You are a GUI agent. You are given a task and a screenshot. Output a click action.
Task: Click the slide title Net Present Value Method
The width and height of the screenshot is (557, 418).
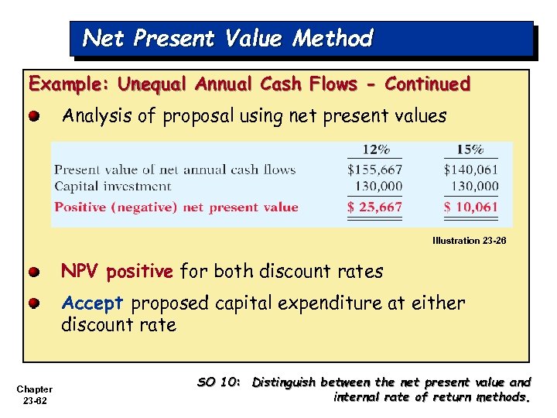(x=227, y=38)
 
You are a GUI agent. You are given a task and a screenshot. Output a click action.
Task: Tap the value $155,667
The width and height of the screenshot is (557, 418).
(x=374, y=170)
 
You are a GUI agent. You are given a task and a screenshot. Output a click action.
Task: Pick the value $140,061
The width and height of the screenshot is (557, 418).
(x=470, y=170)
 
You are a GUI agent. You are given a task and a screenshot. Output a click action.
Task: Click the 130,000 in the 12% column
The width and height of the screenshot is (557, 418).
(x=379, y=187)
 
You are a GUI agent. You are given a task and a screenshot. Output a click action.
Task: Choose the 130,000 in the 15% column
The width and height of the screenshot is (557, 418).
(x=475, y=187)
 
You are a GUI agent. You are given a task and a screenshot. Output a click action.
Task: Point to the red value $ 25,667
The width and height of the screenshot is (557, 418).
(x=374, y=207)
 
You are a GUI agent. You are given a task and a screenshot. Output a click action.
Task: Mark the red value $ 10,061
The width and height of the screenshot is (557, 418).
(x=470, y=207)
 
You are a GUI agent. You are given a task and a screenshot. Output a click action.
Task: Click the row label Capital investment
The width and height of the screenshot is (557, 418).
(x=112, y=187)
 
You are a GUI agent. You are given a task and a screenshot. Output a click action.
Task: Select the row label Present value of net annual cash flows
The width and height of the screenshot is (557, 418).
(x=175, y=170)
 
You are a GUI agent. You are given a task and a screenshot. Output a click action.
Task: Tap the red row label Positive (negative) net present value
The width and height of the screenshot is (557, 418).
(x=176, y=207)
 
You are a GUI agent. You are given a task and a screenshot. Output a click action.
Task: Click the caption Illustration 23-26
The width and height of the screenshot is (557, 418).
(x=469, y=241)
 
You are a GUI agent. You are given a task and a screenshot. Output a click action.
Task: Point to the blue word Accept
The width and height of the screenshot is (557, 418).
(x=92, y=303)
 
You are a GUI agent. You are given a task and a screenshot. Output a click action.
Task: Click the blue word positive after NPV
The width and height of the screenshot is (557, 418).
(x=139, y=272)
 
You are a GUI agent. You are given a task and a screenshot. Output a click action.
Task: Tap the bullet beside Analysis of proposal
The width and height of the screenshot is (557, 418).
(x=35, y=117)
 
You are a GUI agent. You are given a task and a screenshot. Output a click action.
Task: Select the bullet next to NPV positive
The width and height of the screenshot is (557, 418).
(x=35, y=272)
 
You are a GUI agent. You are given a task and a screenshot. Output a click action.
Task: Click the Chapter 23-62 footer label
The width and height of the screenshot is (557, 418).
(x=35, y=395)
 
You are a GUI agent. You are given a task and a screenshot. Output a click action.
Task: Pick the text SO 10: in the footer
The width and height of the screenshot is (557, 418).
(x=220, y=382)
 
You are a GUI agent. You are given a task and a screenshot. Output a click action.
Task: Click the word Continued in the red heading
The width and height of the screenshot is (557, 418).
(x=427, y=84)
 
